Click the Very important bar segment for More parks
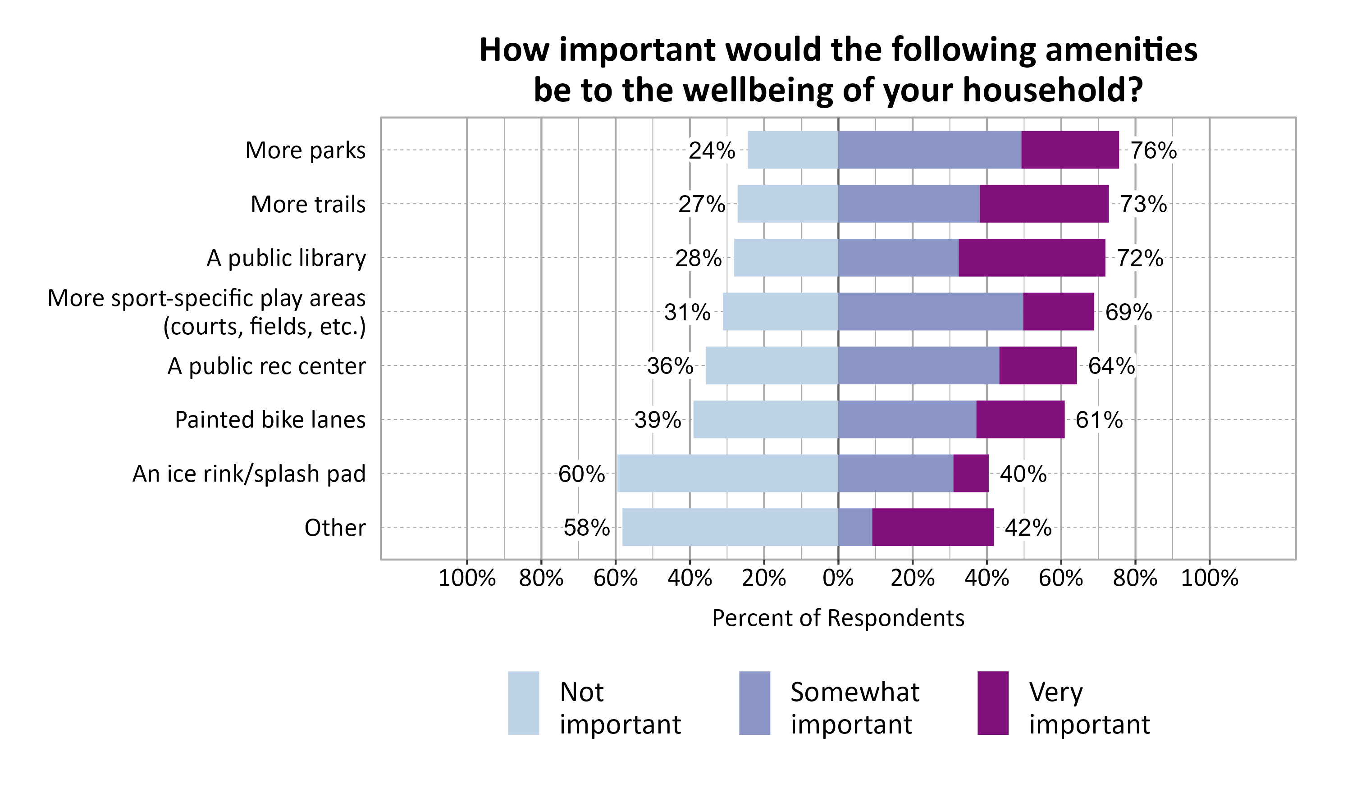pyautogui.click(x=1069, y=150)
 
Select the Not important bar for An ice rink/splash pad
pyautogui.click(x=727, y=473)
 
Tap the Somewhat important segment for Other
pyautogui.click(x=855, y=527)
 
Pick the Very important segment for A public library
pyautogui.click(x=1031, y=257)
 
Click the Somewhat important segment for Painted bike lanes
pyautogui.click(x=907, y=419)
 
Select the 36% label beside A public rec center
pyautogui.click(x=670, y=365)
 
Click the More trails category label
pyautogui.click(x=308, y=204)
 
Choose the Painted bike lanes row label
pyautogui.click(x=270, y=419)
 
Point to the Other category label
pyautogui.click(x=334, y=527)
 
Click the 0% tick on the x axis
pyautogui.click(x=838, y=578)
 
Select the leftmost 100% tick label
pyautogui.click(x=467, y=578)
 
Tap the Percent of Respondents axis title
pyautogui.click(x=838, y=618)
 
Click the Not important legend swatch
pyautogui.click(x=523, y=703)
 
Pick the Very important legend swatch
pyautogui.click(x=992, y=703)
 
